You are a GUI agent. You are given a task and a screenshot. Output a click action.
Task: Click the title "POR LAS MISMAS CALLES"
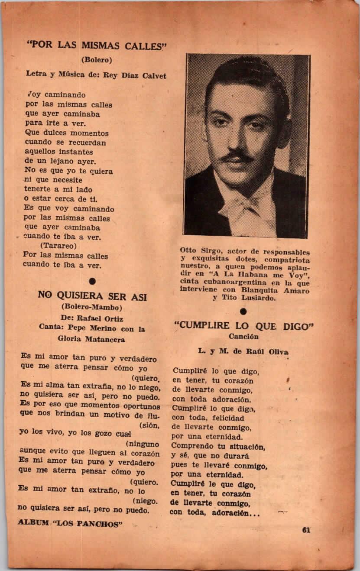point(97,45)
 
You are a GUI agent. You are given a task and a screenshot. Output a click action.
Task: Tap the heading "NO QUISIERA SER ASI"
point(92,296)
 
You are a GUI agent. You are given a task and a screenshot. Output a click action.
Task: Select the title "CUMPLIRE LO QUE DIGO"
point(244,326)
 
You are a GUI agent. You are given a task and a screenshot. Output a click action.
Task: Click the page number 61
point(307,529)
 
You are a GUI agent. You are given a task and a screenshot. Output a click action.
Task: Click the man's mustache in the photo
point(237,156)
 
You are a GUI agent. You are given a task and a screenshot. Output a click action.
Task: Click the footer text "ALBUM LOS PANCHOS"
point(70,523)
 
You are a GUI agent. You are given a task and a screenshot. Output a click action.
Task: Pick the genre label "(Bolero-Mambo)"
point(92,307)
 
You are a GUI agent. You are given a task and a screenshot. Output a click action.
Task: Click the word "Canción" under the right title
point(244,336)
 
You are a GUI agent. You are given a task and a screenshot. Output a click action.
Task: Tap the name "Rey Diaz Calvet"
point(134,75)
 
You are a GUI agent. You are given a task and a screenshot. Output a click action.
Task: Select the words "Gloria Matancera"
point(91,339)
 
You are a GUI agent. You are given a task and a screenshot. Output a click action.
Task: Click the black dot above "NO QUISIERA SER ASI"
point(92,282)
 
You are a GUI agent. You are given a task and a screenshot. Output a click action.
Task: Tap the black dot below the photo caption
point(243,311)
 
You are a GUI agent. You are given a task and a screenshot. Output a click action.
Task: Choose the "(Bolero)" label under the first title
point(96,59)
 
